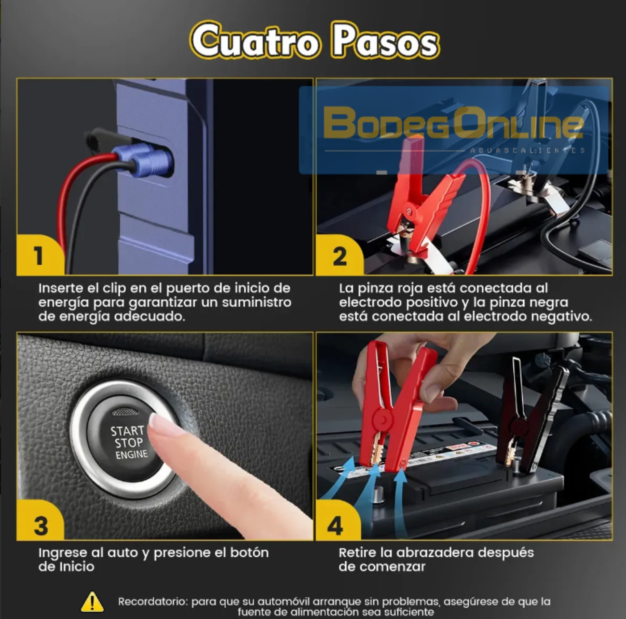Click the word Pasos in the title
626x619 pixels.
coord(385,41)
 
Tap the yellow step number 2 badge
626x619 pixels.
coord(339,256)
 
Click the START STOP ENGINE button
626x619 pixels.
coord(124,439)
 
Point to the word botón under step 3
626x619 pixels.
coord(249,553)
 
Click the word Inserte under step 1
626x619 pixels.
coord(61,288)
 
